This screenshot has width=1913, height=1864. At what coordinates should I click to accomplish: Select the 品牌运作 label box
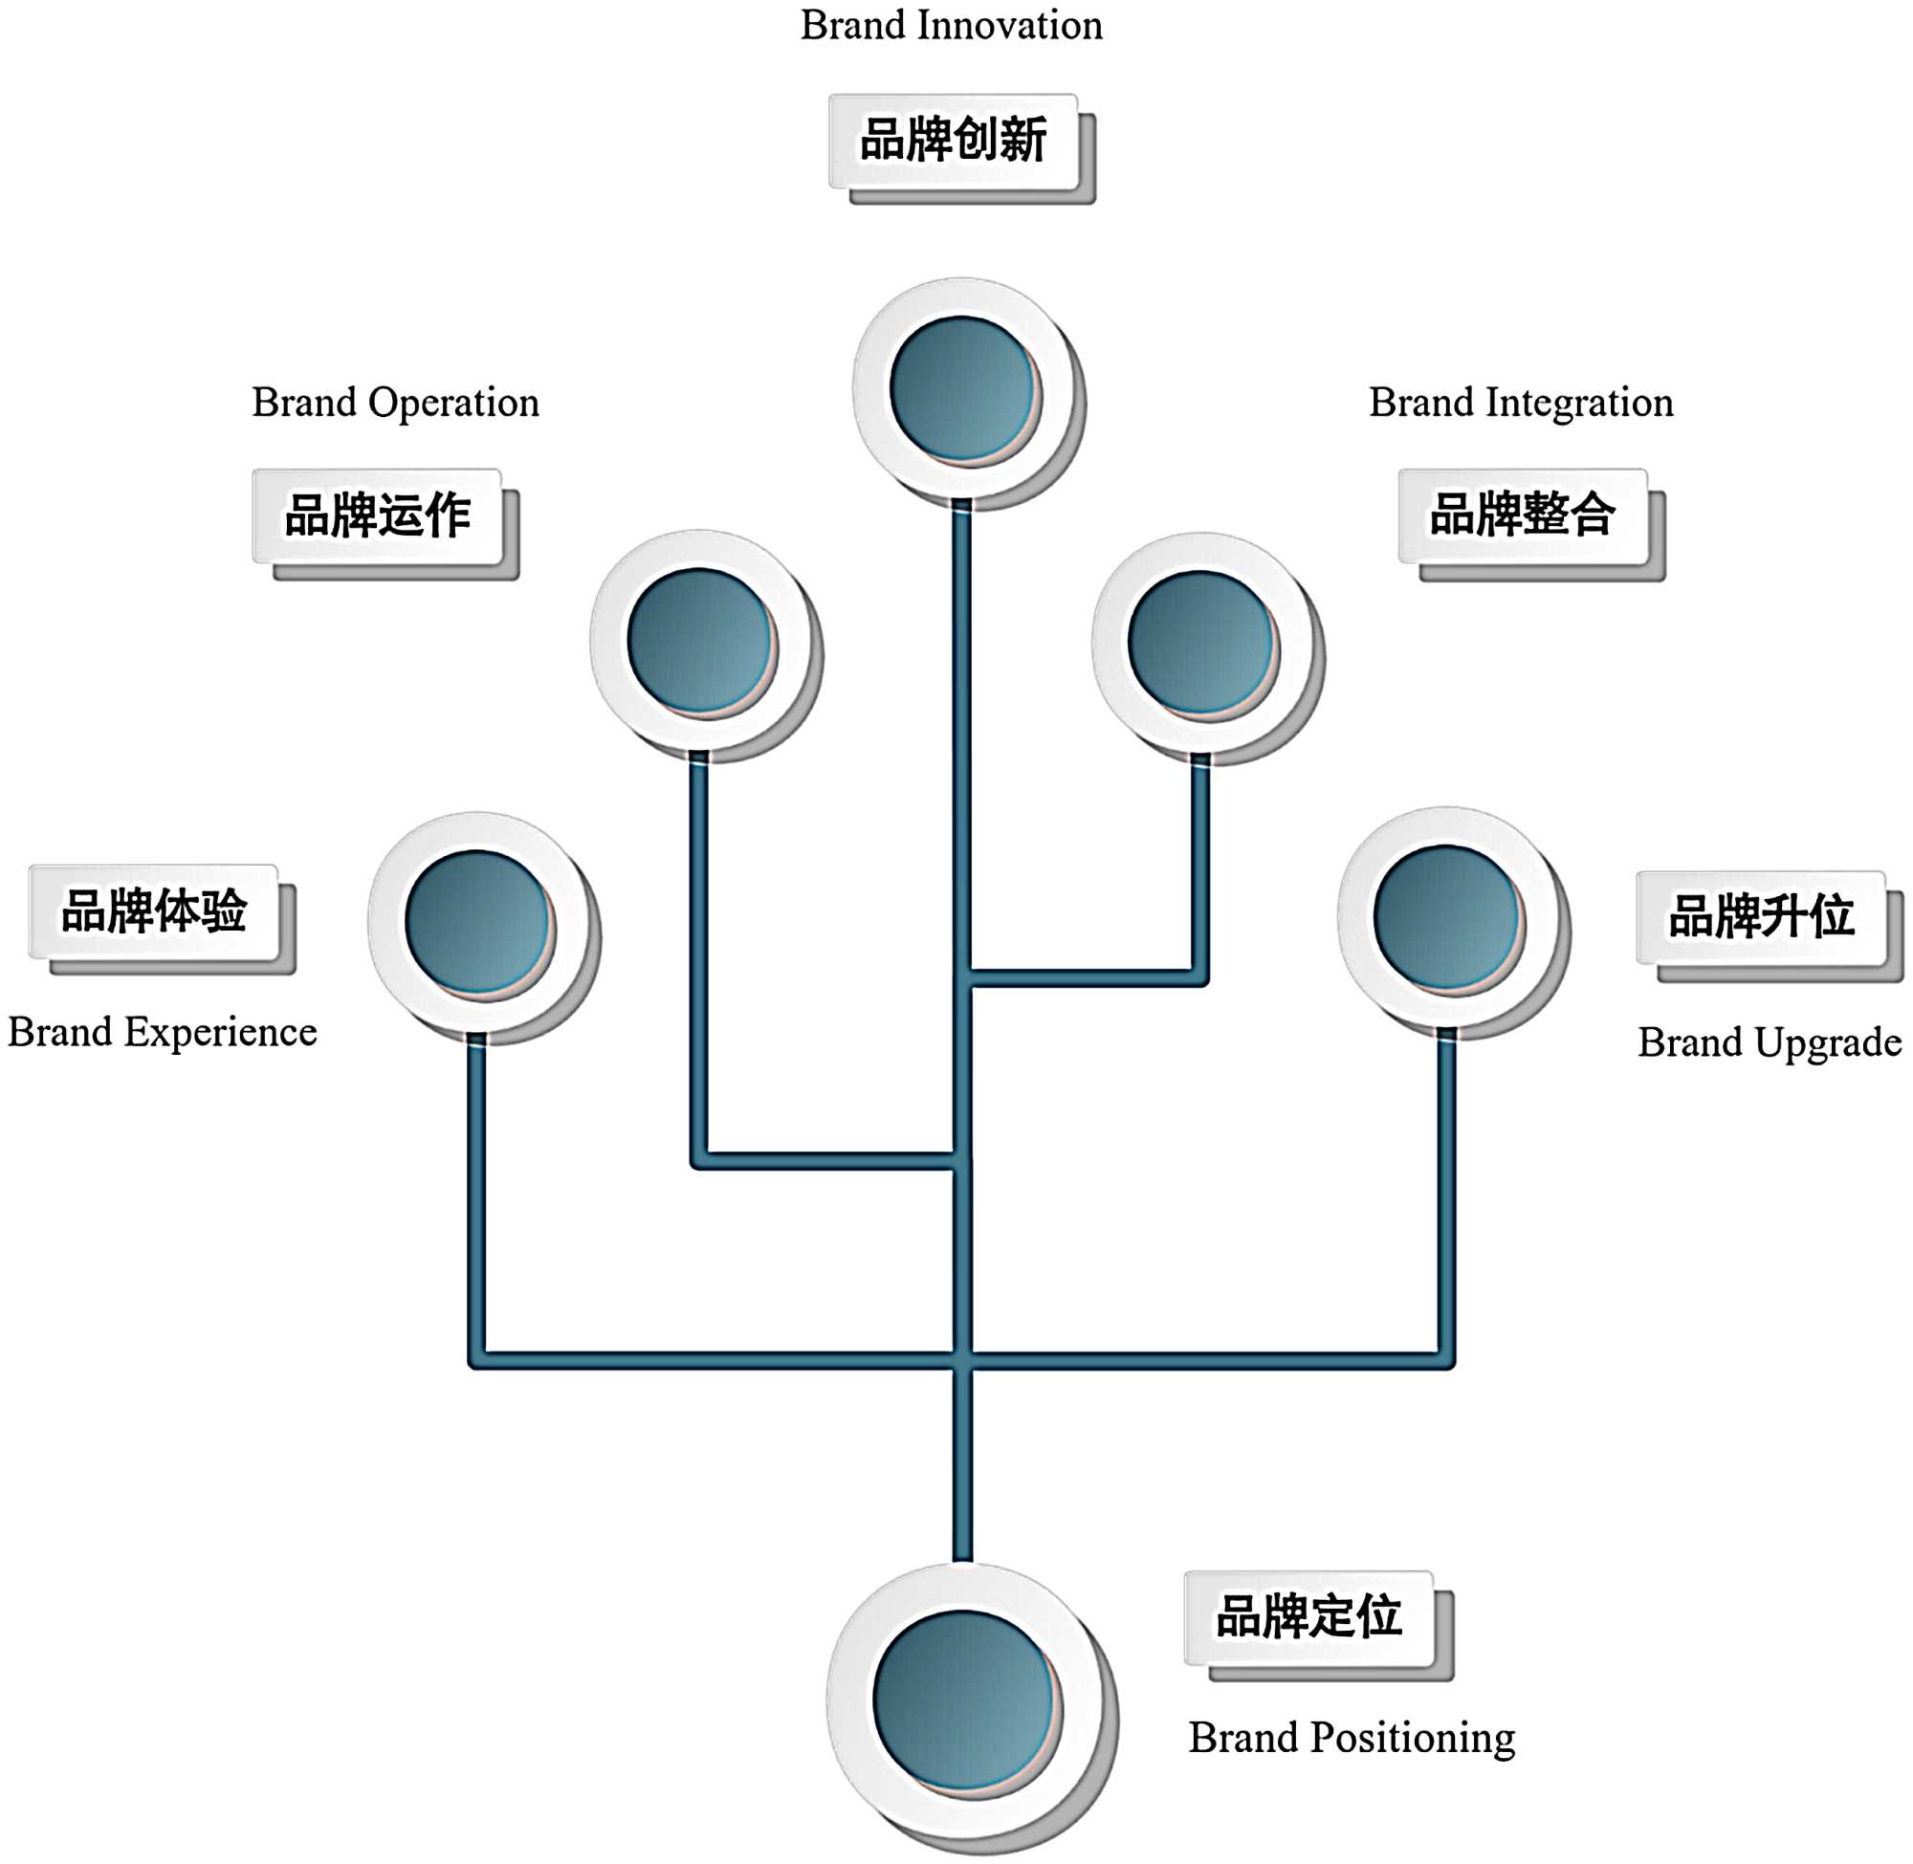coord(377,515)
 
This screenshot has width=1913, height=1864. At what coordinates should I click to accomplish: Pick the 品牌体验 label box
coord(154,911)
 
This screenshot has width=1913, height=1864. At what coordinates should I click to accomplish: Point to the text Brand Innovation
coord(951,26)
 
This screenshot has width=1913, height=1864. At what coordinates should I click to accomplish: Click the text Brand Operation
coord(396,403)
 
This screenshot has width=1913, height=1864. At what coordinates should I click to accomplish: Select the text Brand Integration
coord(1521,403)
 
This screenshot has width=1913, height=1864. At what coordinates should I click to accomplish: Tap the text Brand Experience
coord(163,1033)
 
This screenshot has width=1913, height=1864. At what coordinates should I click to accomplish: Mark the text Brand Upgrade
coord(1770,1042)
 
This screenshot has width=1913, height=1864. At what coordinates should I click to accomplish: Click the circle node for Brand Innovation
coord(963,388)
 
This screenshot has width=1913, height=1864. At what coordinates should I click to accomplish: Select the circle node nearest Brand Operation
coord(700,640)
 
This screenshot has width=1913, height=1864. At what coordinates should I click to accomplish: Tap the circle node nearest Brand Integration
coord(1201,643)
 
